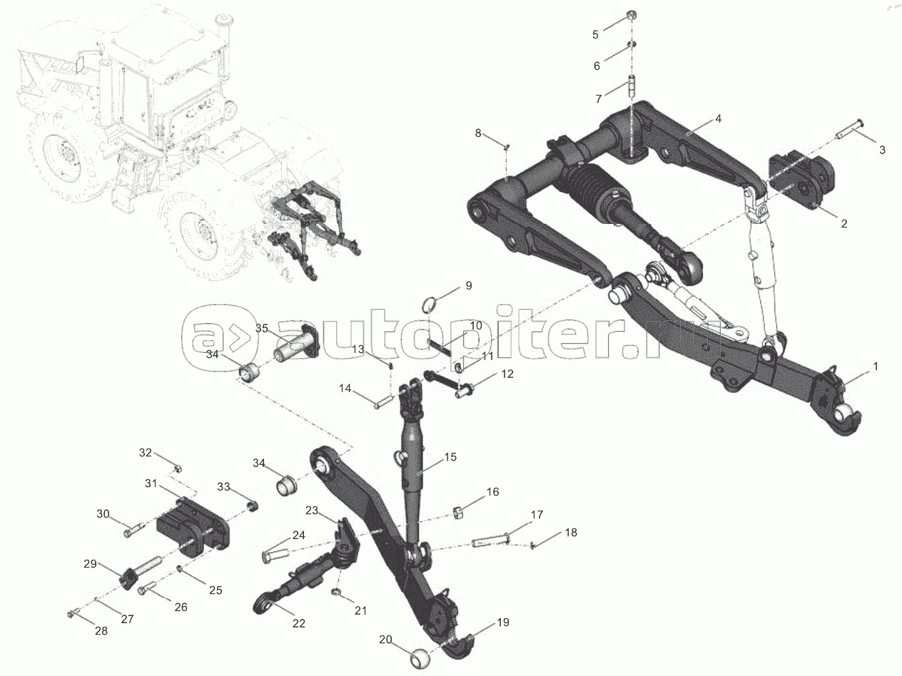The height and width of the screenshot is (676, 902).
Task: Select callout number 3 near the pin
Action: pos(882,150)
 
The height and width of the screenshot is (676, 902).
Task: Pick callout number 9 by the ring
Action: pos(468,285)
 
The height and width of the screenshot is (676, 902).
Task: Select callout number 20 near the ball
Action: pos(386,640)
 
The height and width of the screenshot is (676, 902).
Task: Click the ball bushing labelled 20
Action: pos(422,655)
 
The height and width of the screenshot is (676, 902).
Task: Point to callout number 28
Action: pos(101,631)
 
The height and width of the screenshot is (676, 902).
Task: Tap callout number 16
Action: pos(493,492)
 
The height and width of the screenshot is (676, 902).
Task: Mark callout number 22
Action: pos(298,623)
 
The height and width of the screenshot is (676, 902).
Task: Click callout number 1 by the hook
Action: pos(875,366)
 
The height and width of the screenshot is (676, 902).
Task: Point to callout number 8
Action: pos(479,133)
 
